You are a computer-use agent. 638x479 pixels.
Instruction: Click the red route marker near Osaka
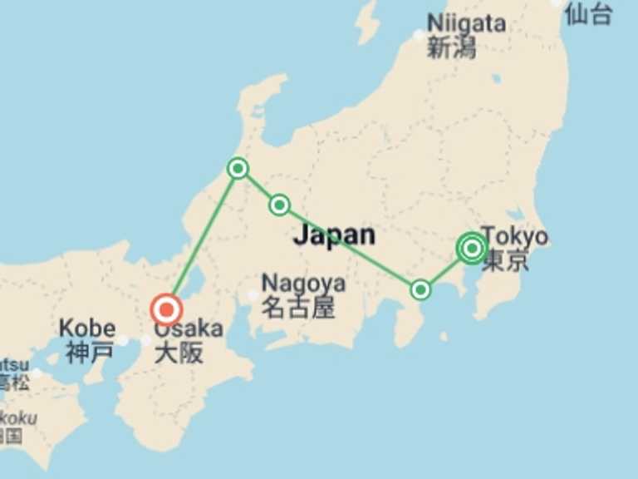tap(166, 310)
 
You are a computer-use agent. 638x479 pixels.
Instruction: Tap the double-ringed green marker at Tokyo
tap(472, 248)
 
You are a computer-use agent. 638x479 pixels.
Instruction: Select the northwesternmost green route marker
tap(238, 169)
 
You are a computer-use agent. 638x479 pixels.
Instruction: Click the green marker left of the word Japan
tap(279, 205)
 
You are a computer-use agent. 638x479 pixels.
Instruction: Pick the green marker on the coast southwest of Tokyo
tap(420, 289)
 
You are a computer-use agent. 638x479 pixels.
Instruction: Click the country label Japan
tap(334, 235)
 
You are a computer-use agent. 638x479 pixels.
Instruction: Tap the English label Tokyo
tap(515, 236)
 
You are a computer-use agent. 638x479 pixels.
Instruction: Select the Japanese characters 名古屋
tap(298, 309)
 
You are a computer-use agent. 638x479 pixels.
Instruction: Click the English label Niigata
tap(466, 23)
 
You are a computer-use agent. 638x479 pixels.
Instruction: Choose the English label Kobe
tap(89, 327)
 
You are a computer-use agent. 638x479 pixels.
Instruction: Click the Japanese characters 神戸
tap(89, 352)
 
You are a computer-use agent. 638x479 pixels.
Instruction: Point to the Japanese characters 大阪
tap(179, 352)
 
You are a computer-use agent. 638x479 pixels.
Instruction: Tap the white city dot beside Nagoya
tap(253, 295)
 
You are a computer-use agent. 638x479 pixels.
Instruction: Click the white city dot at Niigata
tap(419, 35)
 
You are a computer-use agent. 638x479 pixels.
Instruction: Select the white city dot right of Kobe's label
tap(123, 340)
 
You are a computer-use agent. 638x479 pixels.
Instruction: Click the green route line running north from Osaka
tap(202, 239)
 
